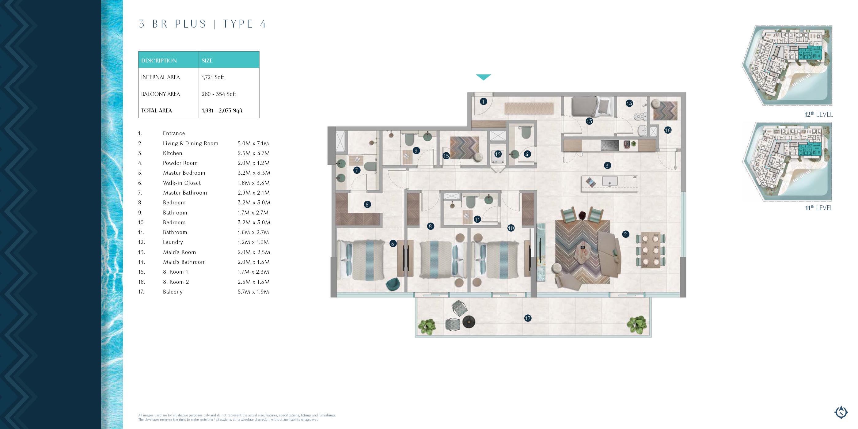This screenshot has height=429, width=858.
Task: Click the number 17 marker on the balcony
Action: (528, 318)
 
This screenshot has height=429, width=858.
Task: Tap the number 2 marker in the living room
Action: (625, 234)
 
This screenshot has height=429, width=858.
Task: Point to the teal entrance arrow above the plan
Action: (483, 77)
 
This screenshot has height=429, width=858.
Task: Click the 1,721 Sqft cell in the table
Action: (212, 77)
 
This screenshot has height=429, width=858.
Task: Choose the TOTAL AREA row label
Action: (157, 111)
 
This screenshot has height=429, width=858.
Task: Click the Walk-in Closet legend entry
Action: (182, 183)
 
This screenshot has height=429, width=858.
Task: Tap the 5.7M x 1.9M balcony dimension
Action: (253, 292)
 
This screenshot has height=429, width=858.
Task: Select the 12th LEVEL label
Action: (818, 114)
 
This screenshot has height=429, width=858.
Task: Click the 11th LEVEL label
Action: (819, 208)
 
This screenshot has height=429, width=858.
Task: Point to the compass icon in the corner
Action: (841, 412)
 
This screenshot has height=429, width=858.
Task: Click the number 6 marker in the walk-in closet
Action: (367, 204)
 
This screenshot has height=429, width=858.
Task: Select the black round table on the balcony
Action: (469, 322)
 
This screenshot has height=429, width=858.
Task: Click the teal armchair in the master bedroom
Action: (393, 284)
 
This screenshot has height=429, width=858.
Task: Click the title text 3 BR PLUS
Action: (173, 24)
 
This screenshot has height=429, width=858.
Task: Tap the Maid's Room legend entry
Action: (179, 252)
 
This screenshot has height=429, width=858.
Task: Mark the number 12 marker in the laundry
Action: (498, 154)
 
